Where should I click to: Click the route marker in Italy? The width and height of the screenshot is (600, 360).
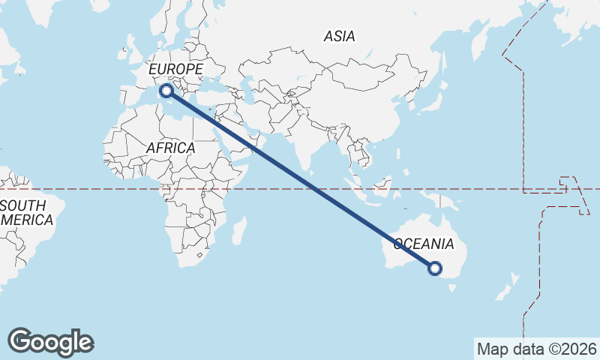pos(166,91)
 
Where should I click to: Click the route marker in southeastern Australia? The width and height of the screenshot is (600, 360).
pos(435,268)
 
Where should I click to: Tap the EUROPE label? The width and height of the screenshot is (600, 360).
pos(176,70)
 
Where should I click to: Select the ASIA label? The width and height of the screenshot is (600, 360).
pos(339,36)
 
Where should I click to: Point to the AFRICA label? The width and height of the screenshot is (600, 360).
pos(170,148)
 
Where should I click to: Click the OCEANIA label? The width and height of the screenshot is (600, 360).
pos(424,244)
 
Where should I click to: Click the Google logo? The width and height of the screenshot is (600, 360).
pos(51,342)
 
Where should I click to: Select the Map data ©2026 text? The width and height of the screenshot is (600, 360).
pos(537,349)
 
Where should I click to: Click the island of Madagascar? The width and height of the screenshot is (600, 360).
pos(238,229)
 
